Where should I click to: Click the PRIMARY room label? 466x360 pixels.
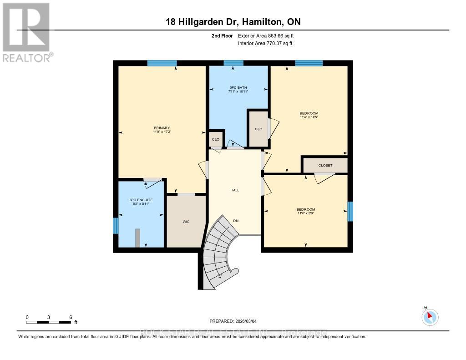coord(162,128)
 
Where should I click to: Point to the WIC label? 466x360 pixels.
coord(186,222)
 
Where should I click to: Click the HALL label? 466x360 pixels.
coord(235,190)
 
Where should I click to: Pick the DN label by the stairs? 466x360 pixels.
coord(236,221)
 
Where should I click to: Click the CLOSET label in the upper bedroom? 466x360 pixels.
coord(325,166)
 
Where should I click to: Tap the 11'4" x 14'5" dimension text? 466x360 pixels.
coord(309,117)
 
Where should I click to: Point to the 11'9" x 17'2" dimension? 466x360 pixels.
coord(162,132)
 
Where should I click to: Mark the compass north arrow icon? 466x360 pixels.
coord(430,317)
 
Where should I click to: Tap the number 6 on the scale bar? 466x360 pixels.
coord(71,317)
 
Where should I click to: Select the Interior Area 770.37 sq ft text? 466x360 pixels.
coord(265,43)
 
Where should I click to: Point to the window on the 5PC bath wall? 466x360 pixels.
coord(233,63)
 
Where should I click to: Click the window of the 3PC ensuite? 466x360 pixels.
coord(116,225)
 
